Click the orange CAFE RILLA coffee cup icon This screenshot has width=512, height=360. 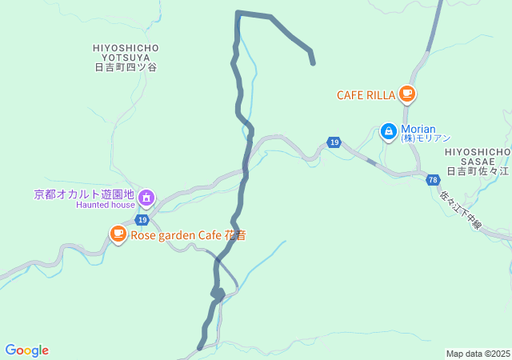click(407, 94)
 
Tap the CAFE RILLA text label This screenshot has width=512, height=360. click(366, 95)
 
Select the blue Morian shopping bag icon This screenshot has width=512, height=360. click(388, 130)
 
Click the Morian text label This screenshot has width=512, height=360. click(418, 129)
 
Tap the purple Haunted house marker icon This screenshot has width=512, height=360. click(146, 196)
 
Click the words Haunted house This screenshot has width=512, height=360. click(106, 205)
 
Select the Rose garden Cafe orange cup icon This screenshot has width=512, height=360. click(118, 234)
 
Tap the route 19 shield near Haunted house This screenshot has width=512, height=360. click(142, 219)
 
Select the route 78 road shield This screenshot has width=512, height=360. click(433, 179)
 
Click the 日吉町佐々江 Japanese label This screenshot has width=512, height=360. click(478, 171)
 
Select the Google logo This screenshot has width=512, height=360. click(26, 350)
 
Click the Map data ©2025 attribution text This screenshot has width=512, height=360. click(478, 354)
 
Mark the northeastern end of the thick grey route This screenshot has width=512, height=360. click(313, 62)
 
